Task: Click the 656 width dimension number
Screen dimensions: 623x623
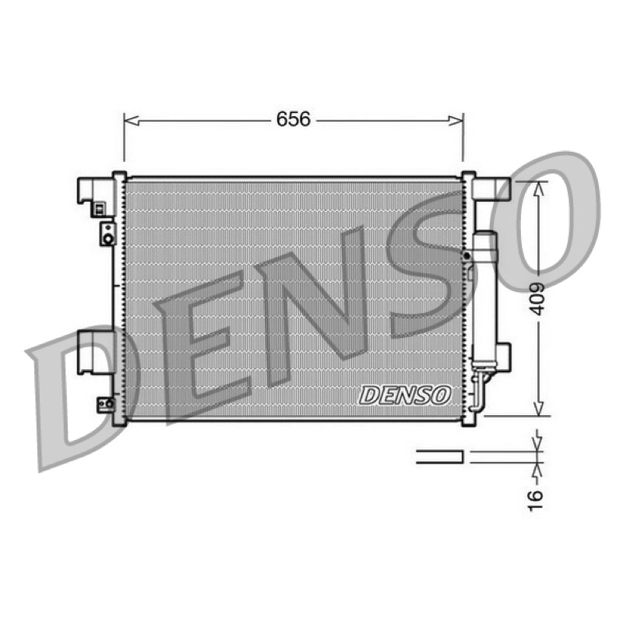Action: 294,119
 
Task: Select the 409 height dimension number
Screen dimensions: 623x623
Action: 537,299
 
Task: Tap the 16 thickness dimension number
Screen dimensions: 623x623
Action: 536,500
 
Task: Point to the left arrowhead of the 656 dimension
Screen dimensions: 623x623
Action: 132,121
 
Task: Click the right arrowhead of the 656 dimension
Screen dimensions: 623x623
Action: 456,121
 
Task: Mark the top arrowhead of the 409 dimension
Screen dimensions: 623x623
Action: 538,189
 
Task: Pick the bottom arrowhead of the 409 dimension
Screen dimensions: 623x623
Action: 538,408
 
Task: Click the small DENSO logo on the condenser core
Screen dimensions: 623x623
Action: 405,395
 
